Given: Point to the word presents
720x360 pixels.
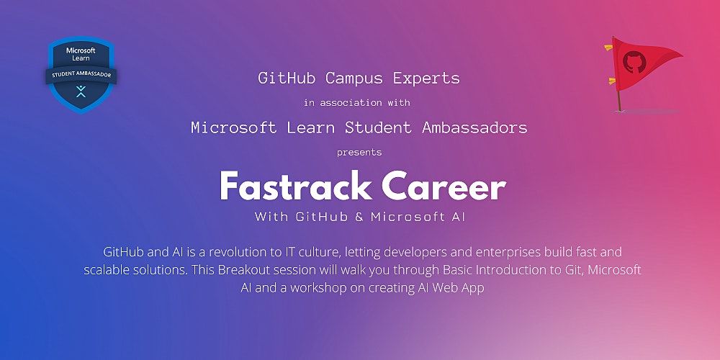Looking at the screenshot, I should point(359,153).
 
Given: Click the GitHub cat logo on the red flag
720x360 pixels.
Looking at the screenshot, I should point(634,60).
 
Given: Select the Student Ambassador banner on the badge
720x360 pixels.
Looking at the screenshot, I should point(81,74).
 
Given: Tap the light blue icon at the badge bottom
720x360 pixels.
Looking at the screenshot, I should point(81,91).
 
